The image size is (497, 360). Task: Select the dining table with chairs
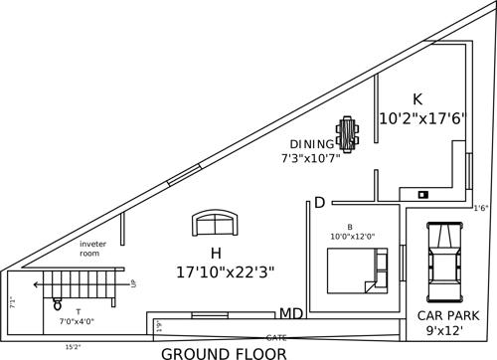click(x=348, y=132)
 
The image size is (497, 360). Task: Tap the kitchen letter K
click(x=418, y=98)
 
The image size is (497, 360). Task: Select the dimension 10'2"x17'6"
click(x=422, y=117)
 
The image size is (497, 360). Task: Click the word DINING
click(x=311, y=143)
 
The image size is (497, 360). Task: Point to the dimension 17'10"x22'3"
click(x=225, y=270)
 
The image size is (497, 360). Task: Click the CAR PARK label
click(x=448, y=315)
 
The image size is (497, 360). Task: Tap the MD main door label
click(x=290, y=314)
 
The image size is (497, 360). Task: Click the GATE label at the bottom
click(x=275, y=338)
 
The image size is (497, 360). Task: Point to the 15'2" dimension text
click(x=74, y=347)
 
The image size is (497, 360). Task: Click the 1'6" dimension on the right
click(x=481, y=208)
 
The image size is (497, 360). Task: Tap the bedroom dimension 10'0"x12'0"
click(x=352, y=237)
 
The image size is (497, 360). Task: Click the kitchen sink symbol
click(x=422, y=194)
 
